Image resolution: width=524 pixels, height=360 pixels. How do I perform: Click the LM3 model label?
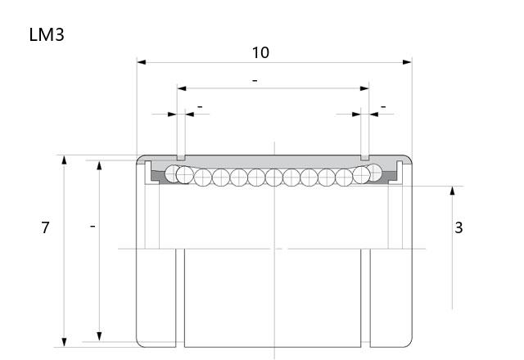click(47, 34)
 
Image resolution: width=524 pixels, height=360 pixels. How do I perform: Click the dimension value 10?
click(260, 52)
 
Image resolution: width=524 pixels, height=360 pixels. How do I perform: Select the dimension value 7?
click(45, 227)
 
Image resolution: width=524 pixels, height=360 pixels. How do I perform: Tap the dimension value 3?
click(458, 227)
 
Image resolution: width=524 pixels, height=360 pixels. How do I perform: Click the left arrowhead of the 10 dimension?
click(142, 62)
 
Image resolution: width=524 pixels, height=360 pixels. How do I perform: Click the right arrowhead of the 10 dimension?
click(408, 62)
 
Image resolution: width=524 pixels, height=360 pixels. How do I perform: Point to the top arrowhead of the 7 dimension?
click(64, 160)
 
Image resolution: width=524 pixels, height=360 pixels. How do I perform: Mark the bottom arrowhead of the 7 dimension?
click(64, 342)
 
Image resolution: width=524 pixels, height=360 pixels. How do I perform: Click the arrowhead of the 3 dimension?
click(453, 191)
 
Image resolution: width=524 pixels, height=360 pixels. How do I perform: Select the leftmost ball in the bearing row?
click(172, 173)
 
